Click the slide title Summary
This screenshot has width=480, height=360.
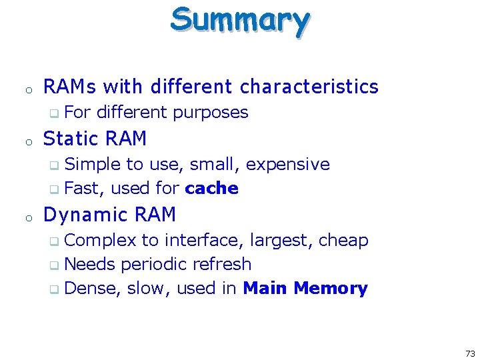[x=239, y=19]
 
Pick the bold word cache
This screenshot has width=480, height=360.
[x=212, y=189]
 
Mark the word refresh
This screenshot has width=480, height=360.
[x=221, y=264]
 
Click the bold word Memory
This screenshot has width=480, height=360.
[x=331, y=289]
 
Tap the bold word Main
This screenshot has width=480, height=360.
[x=265, y=289]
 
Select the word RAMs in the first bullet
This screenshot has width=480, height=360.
[x=70, y=87]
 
